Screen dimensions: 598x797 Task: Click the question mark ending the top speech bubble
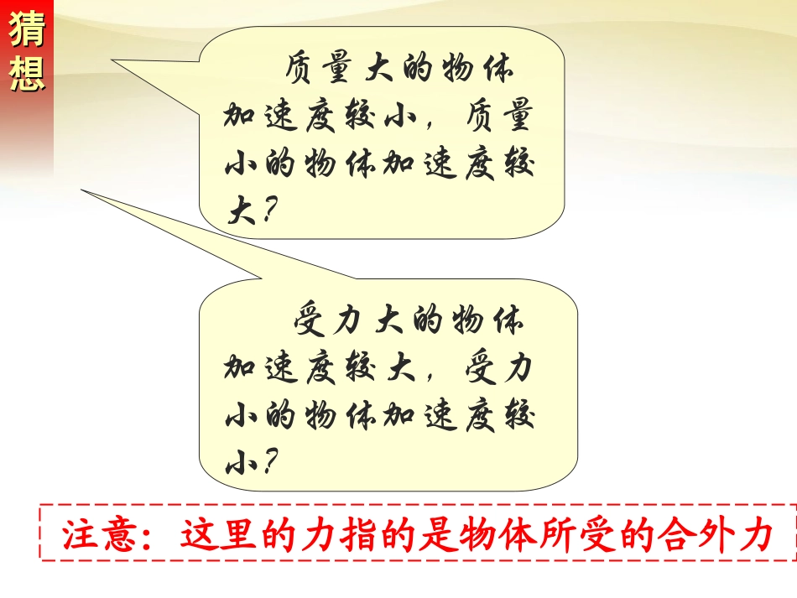(x=267, y=211)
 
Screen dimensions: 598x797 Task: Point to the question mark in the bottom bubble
(x=267, y=462)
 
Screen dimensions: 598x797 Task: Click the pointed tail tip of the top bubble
(x=113, y=60)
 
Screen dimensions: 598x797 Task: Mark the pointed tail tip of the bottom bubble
(x=82, y=190)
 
